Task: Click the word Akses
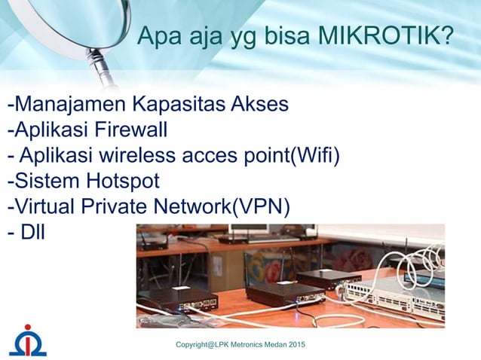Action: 259,103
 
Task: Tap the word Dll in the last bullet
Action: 33,233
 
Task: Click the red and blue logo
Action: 27,340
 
